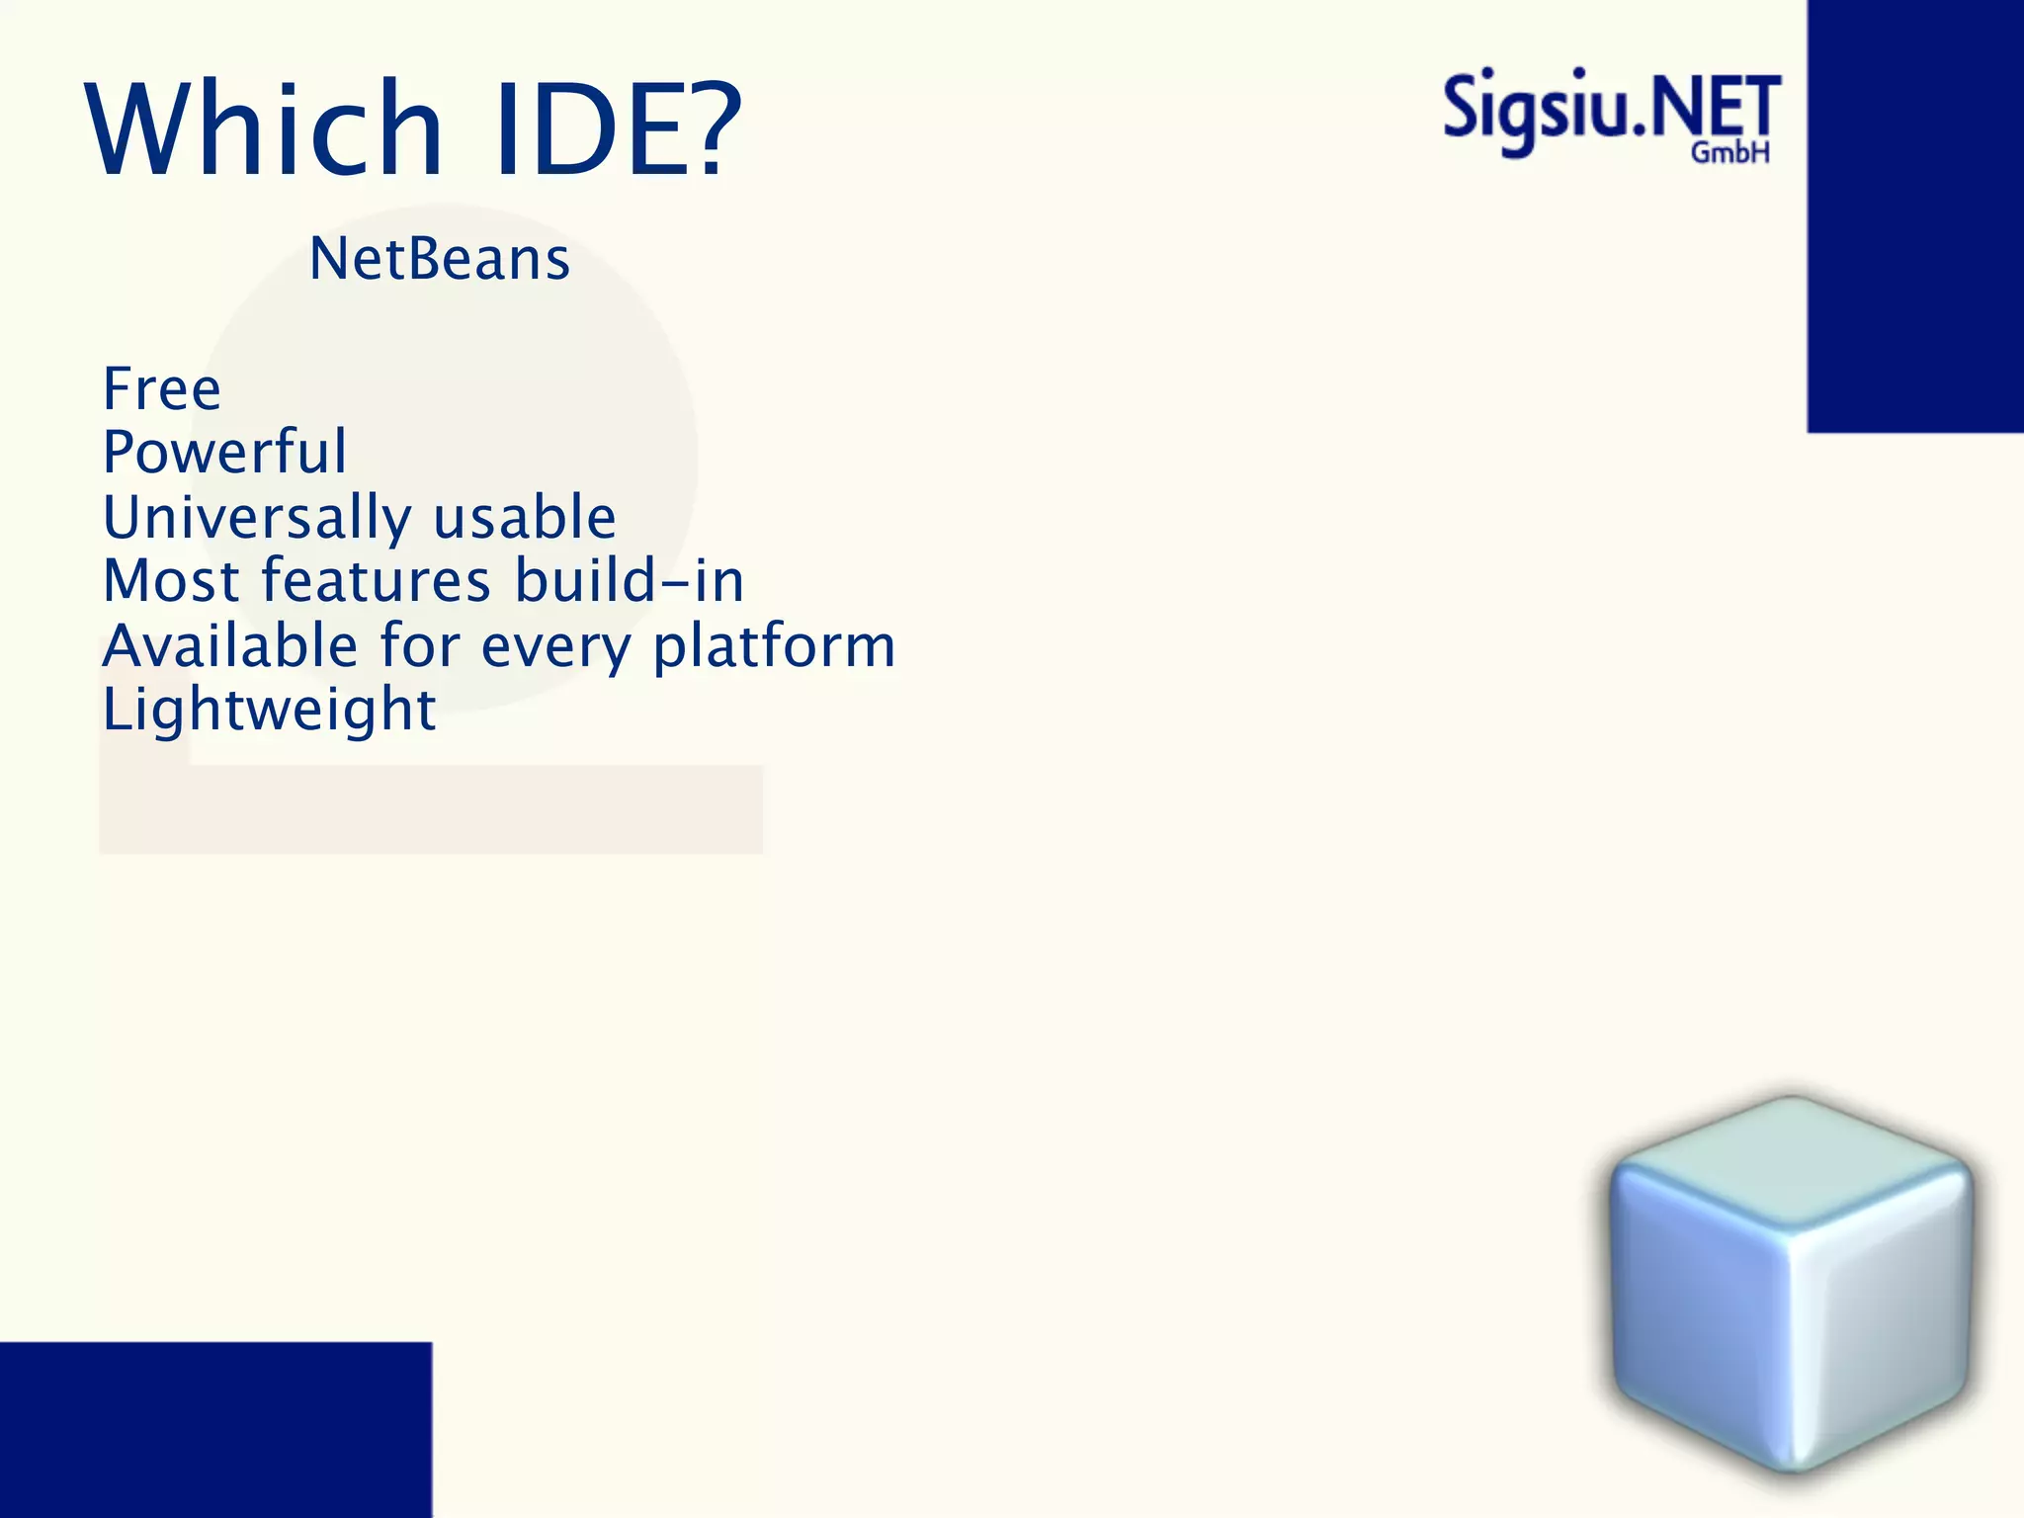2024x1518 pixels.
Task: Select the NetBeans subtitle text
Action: [440, 259]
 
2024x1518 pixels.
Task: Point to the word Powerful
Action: [225, 453]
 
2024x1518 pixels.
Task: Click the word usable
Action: [525, 518]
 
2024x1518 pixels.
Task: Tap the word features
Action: [376, 581]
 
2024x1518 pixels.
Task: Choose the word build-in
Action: [630, 581]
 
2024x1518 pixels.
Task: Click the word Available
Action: [230, 646]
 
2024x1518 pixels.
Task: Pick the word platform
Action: [775, 648]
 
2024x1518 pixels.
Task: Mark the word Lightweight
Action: [269, 711]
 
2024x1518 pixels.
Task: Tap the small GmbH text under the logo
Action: [1729, 153]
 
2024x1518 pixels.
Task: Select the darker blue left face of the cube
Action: [1695, 1305]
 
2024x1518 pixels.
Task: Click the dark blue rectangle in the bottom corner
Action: [215, 1429]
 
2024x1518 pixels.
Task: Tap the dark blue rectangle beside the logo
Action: [1915, 215]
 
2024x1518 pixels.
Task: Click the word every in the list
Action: [555, 648]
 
